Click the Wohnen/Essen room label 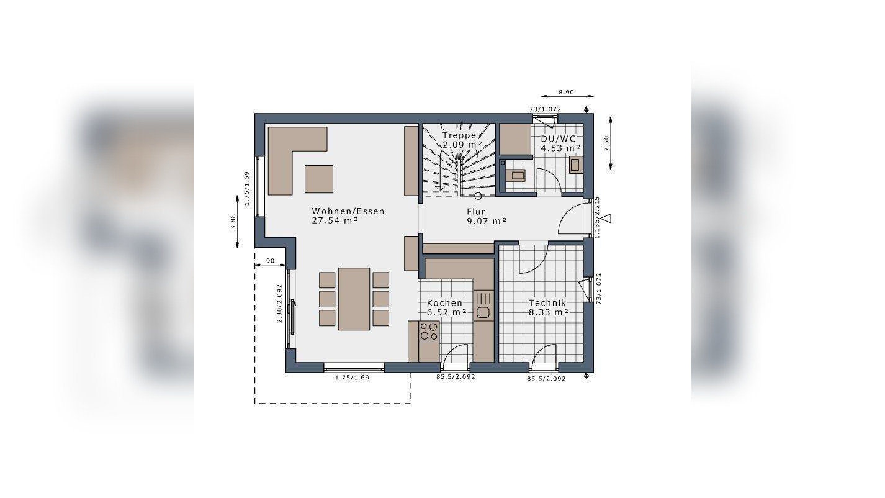(x=348, y=211)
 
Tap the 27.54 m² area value (x=335, y=220)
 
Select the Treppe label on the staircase (x=459, y=135)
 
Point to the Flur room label (x=475, y=212)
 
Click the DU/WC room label (x=559, y=138)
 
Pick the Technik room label (x=547, y=303)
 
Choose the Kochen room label (x=444, y=303)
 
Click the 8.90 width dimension (x=566, y=93)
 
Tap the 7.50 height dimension (x=606, y=143)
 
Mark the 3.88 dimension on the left (x=233, y=222)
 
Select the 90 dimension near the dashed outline (x=270, y=260)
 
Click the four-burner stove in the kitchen (x=429, y=331)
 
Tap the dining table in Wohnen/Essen (x=354, y=299)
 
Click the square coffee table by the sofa (x=319, y=179)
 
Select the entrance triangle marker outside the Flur (x=606, y=218)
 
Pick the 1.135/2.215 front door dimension (x=597, y=218)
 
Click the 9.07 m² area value (x=487, y=221)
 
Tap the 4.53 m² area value (x=560, y=148)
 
